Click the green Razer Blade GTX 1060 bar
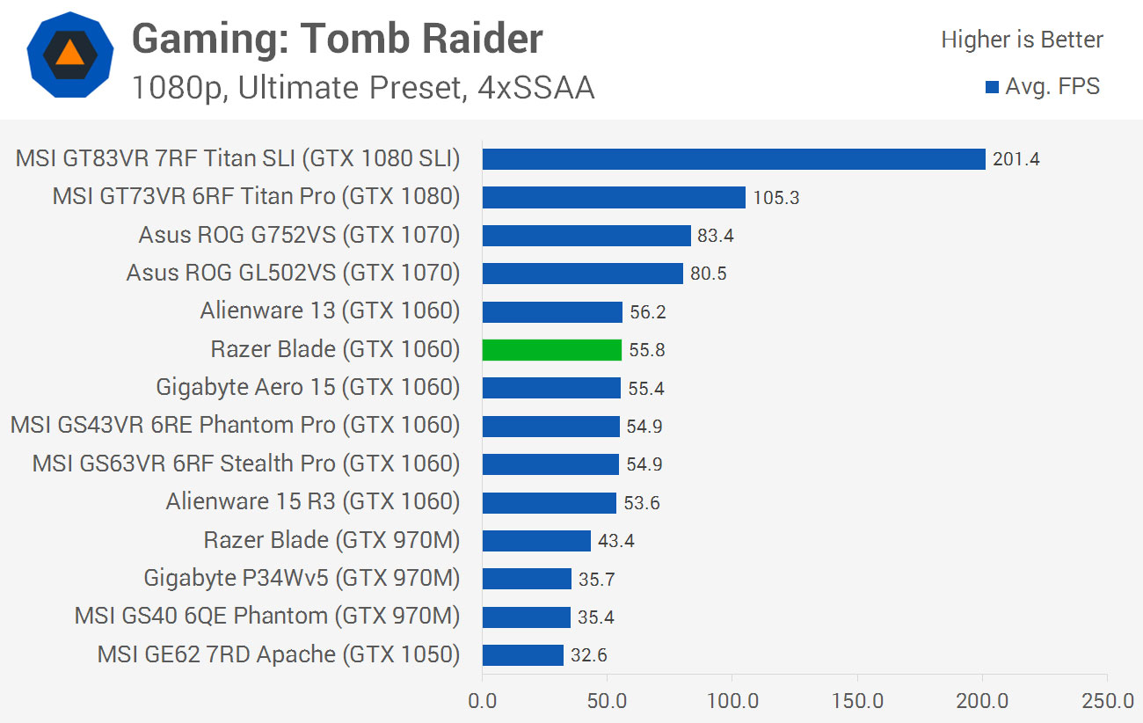551,350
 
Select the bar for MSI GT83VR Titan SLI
733,159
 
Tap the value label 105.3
776,198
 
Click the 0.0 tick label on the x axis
482,702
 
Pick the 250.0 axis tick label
1107,702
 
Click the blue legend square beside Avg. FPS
992,87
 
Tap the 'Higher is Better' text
1022,40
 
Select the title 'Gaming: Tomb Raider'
337,39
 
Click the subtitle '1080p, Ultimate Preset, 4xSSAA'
362,88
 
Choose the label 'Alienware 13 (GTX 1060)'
330,311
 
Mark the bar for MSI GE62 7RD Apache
522,655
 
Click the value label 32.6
589,655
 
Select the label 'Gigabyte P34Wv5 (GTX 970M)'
302,579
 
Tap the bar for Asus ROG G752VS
586,236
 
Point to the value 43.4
615,541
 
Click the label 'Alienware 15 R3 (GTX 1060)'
312,502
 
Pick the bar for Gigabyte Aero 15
551,388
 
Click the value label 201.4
1016,159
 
